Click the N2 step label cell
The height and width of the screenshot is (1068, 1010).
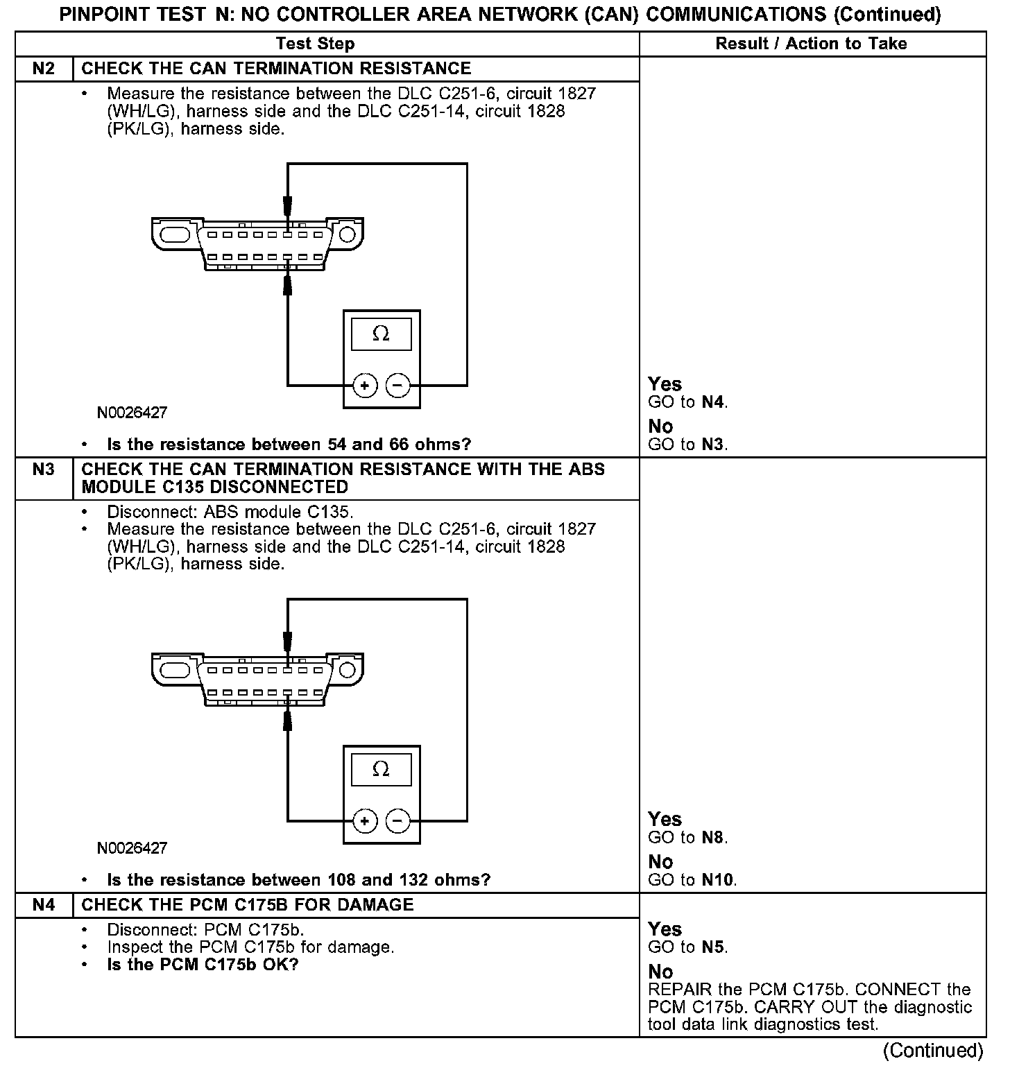click(43, 69)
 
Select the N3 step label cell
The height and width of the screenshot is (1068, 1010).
click(43, 470)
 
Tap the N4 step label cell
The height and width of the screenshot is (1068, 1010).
click(43, 905)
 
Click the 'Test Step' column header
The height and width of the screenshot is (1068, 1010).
click(315, 44)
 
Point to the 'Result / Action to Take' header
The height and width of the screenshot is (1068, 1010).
click(811, 44)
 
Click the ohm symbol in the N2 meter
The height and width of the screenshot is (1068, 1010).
click(381, 334)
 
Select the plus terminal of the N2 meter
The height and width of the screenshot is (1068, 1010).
click(365, 386)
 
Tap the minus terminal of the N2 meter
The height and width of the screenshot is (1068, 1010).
click(397, 386)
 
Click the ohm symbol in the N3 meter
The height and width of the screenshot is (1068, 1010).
click(381, 769)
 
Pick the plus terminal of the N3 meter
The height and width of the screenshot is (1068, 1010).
click(365, 822)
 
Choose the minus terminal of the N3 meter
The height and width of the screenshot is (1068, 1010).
click(397, 822)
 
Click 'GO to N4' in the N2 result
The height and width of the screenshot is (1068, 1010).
click(687, 402)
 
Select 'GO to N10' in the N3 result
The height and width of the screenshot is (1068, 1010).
click(692, 880)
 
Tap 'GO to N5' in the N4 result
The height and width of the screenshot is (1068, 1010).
click(687, 947)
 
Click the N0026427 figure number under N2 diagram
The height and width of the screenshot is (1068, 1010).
click(132, 413)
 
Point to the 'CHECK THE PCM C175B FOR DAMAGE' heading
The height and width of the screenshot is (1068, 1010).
click(248, 905)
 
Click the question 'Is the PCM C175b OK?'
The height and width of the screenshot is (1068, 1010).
click(203, 965)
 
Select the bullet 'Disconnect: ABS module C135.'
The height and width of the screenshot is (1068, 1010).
click(230, 513)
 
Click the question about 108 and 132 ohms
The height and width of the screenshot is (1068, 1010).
click(298, 880)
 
